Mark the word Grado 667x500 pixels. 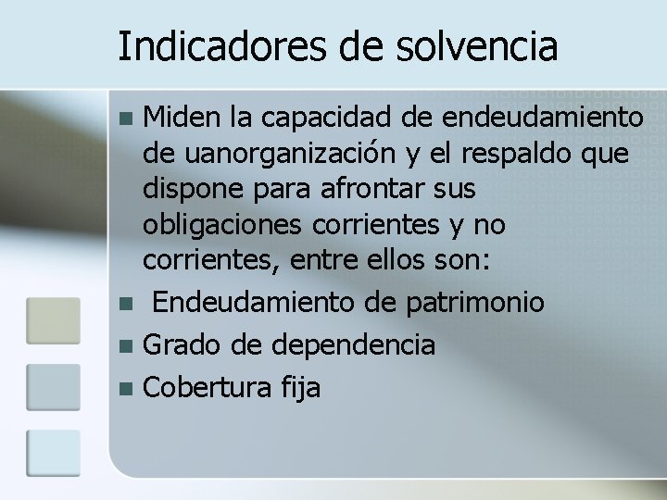pos(176,344)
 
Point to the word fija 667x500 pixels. pos(298,388)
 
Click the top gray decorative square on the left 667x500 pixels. pos(53,320)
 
